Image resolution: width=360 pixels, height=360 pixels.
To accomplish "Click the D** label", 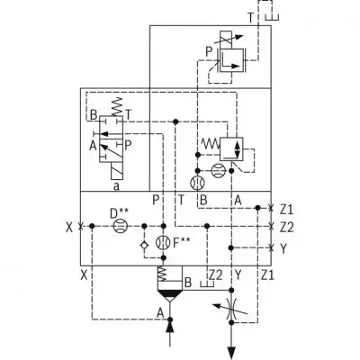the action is tap(119, 213).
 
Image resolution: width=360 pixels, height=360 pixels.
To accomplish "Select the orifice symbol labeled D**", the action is tap(121, 226).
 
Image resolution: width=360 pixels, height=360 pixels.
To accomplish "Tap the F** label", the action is tap(182, 242).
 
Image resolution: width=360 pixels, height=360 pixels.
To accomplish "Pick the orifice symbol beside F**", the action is tap(164, 242).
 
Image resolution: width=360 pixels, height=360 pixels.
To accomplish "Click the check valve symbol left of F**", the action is tap(144, 245).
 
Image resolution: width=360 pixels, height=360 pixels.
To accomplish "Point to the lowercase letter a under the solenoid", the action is tap(116, 186).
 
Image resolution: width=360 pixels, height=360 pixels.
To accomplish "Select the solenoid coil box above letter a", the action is tap(116, 171).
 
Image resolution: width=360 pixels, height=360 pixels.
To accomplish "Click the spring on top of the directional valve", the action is tap(117, 106).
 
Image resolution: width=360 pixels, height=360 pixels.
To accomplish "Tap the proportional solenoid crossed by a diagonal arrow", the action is tap(226, 40).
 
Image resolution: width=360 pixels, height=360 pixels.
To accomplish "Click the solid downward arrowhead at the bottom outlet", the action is tap(231, 353).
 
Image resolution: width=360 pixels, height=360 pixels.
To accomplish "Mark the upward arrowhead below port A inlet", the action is tap(170, 326).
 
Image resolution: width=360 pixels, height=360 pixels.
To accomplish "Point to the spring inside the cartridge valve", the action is tap(162, 273).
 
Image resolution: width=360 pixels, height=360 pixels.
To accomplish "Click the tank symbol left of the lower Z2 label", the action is tap(207, 283).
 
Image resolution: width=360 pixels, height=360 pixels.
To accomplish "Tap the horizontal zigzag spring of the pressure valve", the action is tap(211, 144).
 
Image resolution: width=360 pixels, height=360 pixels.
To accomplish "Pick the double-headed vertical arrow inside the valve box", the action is tap(238, 149).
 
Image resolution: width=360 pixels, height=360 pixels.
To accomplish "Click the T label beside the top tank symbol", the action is tap(251, 18).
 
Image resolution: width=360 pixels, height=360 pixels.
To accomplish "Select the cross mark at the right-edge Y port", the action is tap(271, 248).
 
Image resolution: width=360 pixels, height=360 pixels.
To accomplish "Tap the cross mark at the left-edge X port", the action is tap(80, 226).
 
